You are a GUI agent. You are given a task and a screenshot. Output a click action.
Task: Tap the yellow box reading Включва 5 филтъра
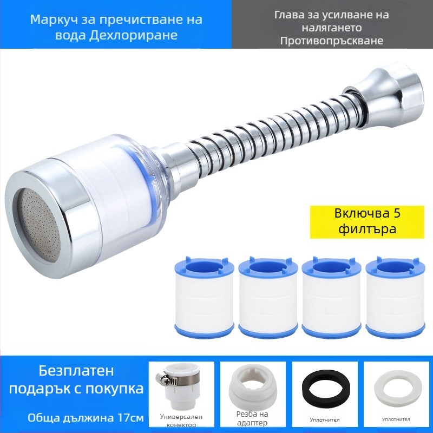click(367, 222)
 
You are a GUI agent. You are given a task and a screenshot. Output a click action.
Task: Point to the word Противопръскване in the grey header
click(332, 41)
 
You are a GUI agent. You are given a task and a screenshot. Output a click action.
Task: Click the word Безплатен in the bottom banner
click(76, 371)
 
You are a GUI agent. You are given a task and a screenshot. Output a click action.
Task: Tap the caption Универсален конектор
click(181, 421)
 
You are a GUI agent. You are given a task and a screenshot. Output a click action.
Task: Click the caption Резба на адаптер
click(252, 418)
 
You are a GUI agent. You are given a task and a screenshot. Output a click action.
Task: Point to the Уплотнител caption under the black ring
click(324, 420)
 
